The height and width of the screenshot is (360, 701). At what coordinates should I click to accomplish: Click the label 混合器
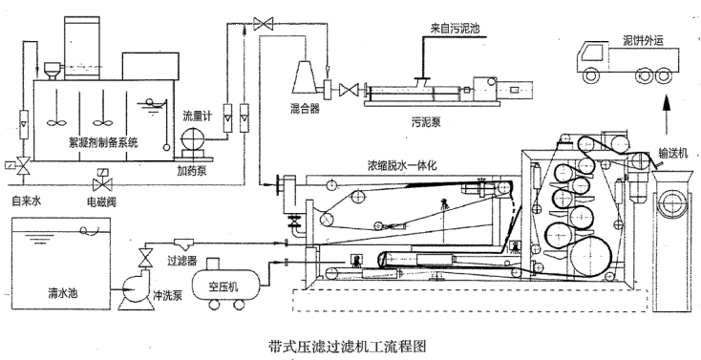[x=306, y=109]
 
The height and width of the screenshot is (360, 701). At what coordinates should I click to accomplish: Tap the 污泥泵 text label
[x=426, y=121]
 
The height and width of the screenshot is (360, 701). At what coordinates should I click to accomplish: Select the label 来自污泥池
[x=455, y=29]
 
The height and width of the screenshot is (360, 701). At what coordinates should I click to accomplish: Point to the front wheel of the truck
[x=590, y=75]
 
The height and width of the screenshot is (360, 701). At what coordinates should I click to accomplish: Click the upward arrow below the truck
[x=667, y=114]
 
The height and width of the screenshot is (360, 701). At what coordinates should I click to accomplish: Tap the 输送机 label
[x=673, y=154]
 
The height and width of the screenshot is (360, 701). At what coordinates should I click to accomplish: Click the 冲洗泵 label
[x=168, y=295]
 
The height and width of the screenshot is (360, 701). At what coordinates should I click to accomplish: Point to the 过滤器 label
[x=182, y=261]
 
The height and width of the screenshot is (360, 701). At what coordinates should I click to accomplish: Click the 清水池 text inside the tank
[x=63, y=293]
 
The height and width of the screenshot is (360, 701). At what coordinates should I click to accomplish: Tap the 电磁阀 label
[x=101, y=201]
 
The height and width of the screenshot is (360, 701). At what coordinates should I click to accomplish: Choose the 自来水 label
[x=27, y=201]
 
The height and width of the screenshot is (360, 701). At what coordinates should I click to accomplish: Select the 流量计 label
[x=197, y=117]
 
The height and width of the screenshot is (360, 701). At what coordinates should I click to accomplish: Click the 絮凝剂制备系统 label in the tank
[x=103, y=142]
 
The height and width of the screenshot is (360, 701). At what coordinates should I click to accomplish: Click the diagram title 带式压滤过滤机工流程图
[x=347, y=346]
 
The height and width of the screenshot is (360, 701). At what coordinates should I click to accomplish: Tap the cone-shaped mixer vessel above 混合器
[x=305, y=77]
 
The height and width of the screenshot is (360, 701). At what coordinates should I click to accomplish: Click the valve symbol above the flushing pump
[x=145, y=257]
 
